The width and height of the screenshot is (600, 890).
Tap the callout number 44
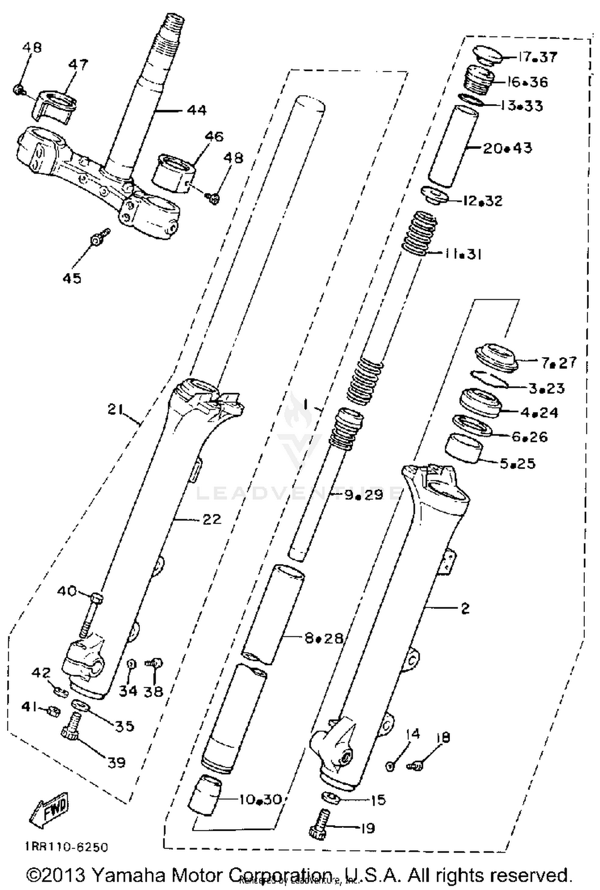[196, 110]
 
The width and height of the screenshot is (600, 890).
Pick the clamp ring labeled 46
[173, 172]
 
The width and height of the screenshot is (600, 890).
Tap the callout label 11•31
[462, 254]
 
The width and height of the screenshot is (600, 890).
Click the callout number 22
[212, 520]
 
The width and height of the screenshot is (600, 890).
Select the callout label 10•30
[260, 799]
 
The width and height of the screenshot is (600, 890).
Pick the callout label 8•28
[324, 638]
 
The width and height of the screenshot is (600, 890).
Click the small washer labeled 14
[390, 766]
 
